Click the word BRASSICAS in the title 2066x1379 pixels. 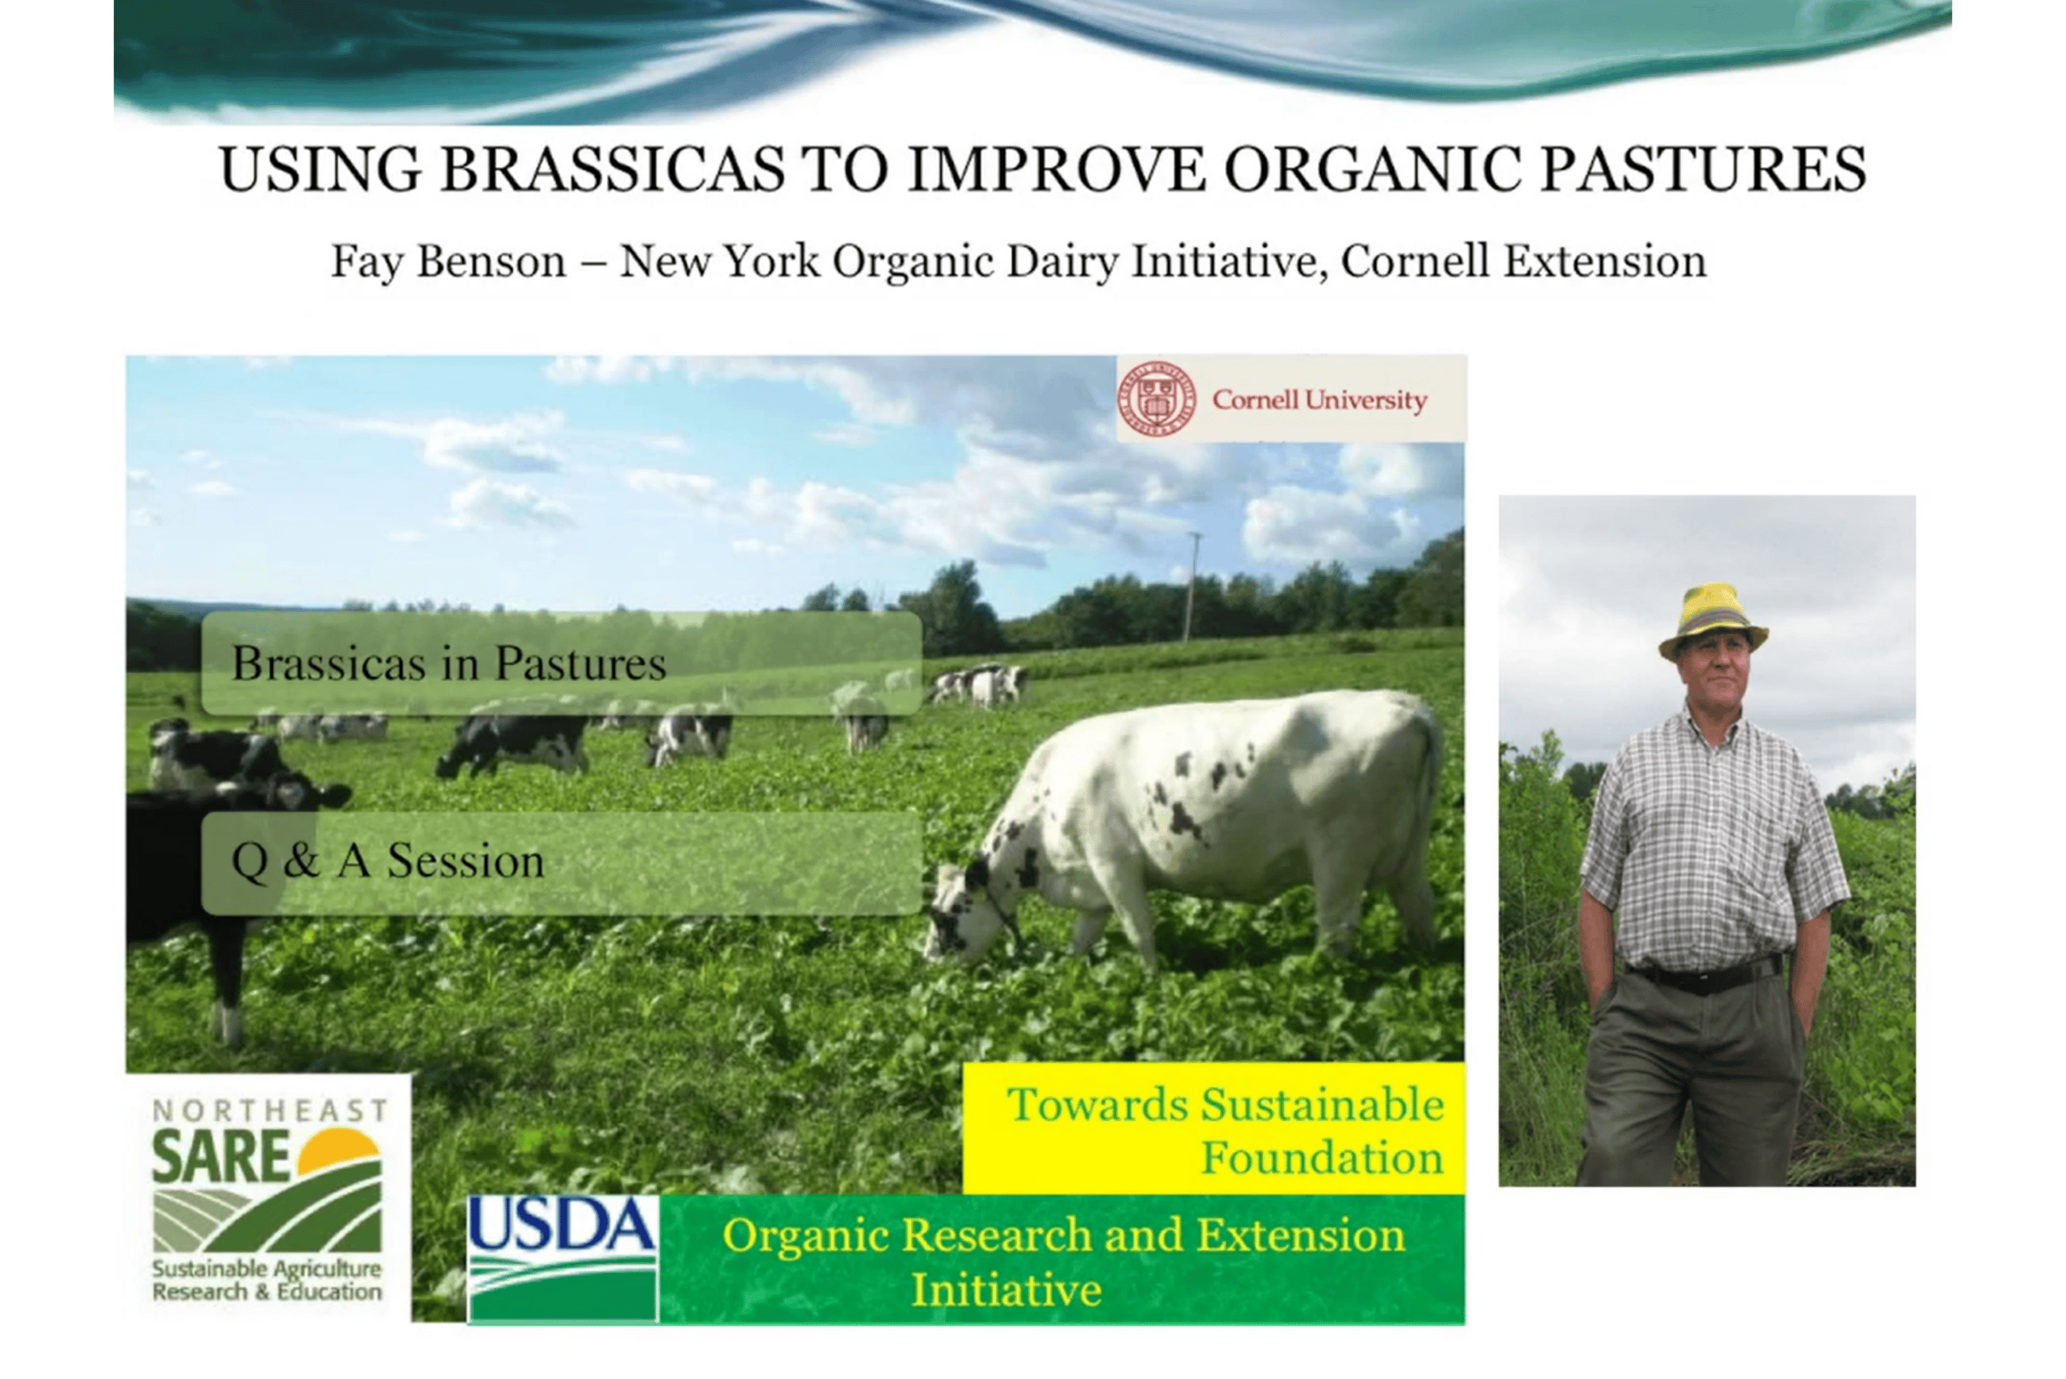coord(613,170)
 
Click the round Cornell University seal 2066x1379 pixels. coord(1157,400)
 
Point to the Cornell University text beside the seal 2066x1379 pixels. coord(1319,400)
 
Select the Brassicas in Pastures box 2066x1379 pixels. coord(562,663)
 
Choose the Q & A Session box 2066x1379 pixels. coord(562,863)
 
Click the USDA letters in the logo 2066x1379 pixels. coord(563,1225)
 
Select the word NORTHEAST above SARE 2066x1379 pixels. coord(270,1111)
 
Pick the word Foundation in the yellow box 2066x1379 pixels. coord(1322,1159)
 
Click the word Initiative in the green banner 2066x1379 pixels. coord(1006,1290)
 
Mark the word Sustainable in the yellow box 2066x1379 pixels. coord(1322,1104)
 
